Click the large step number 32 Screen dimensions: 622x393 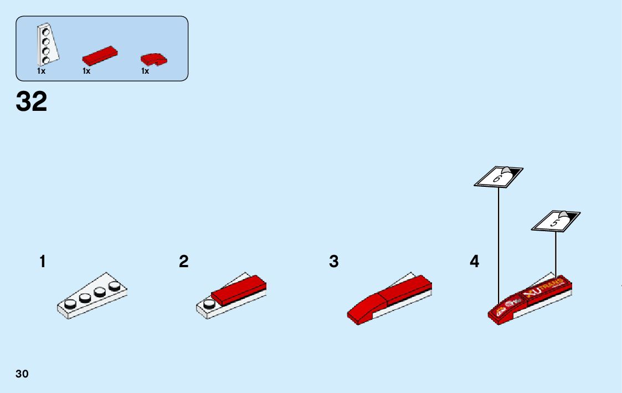(x=32, y=102)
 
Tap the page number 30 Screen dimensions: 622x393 (x=22, y=374)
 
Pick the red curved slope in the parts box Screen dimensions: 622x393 (x=153, y=59)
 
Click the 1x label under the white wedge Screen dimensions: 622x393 (x=41, y=71)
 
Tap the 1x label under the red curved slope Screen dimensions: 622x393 (x=145, y=71)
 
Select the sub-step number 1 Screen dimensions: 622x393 (x=43, y=262)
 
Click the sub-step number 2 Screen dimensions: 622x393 (x=184, y=262)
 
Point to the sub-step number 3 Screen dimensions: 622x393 (x=333, y=262)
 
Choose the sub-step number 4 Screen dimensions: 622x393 (x=475, y=262)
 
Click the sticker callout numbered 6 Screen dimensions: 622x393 (x=498, y=177)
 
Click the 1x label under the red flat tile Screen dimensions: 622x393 (x=86, y=71)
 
